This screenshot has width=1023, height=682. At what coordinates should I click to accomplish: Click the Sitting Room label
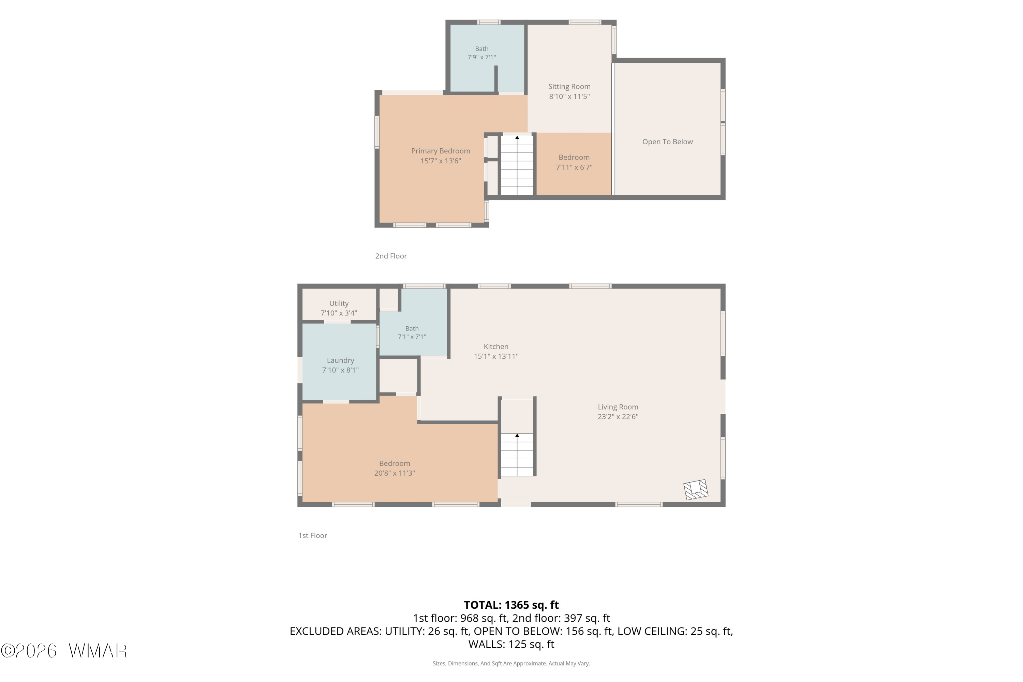tap(569, 87)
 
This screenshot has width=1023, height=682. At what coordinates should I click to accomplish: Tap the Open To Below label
tap(668, 142)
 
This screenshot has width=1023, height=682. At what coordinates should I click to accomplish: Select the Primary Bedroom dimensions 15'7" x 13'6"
tap(441, 161)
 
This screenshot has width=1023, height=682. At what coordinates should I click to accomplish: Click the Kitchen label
tap(496, 347)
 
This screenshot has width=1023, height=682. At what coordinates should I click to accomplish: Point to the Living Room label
tap(618, 407)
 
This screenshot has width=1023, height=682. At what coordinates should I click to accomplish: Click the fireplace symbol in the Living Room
tap(696, 489)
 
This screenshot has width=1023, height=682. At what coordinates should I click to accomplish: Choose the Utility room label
tap(339, 303)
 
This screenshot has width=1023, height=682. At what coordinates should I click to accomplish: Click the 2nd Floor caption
tap(391, 256)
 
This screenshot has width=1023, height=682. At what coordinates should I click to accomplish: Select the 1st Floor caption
tap(313, 535)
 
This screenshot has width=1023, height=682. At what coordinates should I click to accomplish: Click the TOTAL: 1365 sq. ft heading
tap(512, 605)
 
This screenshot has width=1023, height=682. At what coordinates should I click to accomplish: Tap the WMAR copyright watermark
tap(64, 651)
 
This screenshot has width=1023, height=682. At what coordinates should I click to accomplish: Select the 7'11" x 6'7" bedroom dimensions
tap(574, 167)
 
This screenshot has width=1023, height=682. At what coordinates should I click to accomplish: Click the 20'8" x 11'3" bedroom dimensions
tap(395, 473)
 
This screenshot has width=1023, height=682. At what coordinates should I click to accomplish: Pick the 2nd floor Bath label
tap(481, 49)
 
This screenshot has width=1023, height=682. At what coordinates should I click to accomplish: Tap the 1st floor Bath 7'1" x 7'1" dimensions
tap(412, 337)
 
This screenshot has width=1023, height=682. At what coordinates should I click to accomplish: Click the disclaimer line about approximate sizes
tap(511, 663)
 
